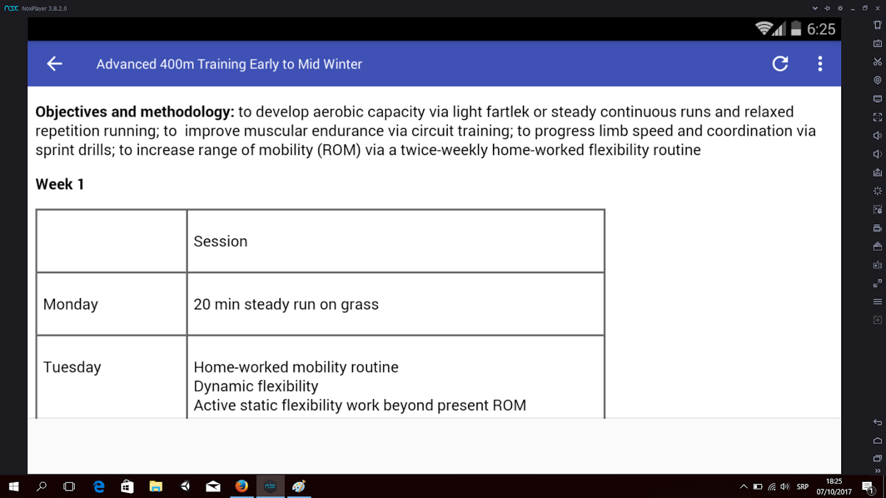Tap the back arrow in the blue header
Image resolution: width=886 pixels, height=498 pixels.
pos(54,63)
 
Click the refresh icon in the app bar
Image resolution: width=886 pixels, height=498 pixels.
pos(780,63)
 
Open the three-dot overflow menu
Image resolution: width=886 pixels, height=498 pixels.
pos(820,63)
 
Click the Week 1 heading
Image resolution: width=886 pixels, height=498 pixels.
pos(60,184)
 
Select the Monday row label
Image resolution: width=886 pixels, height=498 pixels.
pos(70,304)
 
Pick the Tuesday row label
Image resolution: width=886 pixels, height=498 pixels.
pos(72,367)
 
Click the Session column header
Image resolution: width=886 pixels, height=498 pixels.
pos(221,241)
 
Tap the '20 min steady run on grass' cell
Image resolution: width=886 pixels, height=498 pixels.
pos(286,304)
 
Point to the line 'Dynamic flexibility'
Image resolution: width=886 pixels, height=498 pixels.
pos(256,386)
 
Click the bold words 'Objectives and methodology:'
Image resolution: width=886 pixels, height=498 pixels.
pos(135,112)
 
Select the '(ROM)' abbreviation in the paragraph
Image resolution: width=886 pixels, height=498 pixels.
pos(339,150)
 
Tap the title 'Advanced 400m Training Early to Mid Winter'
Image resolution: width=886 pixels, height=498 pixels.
pos(229,64)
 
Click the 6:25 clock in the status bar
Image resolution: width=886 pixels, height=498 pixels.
pos(821,29)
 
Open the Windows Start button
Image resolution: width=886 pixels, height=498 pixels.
pos(14,487)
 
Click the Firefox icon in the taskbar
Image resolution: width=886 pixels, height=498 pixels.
pos(241,486)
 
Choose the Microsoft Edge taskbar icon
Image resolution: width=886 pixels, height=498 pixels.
pos(98,487)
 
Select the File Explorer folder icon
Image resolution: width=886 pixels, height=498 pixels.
pos(156,487)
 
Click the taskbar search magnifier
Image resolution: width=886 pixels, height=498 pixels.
pos(41,487)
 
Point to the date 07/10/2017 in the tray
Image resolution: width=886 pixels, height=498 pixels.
pos(834,492)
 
